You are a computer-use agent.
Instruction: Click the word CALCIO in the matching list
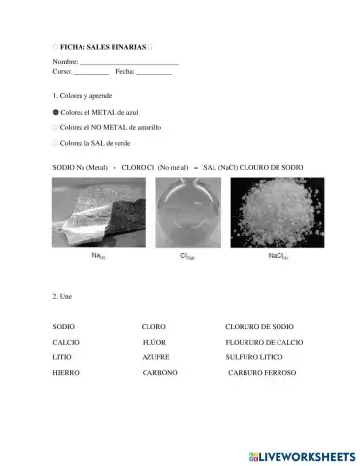66,343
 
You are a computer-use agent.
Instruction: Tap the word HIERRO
67,372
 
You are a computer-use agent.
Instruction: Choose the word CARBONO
159,372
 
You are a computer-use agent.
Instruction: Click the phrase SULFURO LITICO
255,357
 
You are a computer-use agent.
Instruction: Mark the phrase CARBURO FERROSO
262,372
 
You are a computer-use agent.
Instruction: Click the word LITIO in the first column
62,357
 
